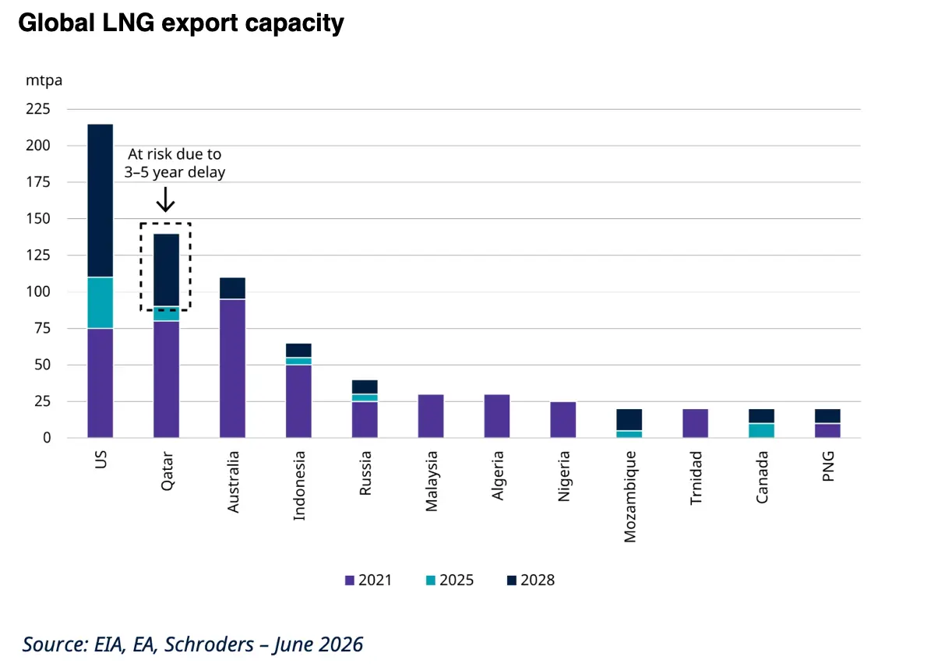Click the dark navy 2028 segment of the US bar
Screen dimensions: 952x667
[x=100, y=200]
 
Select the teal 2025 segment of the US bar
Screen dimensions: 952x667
[x=100, y=302]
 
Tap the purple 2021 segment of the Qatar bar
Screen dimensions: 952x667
[x=166, y=379]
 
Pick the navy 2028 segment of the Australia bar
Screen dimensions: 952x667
[x=232, y=288]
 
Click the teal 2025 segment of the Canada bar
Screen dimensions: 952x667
[x=761, y=431]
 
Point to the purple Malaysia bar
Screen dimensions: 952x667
[x=431, y=416]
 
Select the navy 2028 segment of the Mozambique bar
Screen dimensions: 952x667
[x=629, y=419]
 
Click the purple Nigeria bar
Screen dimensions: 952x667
[x=563, y=419]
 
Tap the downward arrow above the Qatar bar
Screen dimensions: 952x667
[x=165, y=199]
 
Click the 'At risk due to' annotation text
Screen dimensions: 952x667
[x=175, y=154]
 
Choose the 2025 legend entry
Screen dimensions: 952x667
[x=450, y=580]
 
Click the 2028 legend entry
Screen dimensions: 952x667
[x=531, y=580]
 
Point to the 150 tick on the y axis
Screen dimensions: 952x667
[x=38, y=218]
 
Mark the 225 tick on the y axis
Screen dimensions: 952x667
[x=38, y=109]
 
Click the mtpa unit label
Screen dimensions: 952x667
[x=44, y=80]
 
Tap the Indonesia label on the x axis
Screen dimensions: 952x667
[x=299, y=485]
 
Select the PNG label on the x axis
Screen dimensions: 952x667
[x=828, y=466]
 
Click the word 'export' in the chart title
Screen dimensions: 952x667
[x=199, y=23]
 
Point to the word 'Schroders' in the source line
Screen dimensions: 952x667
[x=209, y=644]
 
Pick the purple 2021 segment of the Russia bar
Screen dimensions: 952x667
[x=365, y=419]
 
